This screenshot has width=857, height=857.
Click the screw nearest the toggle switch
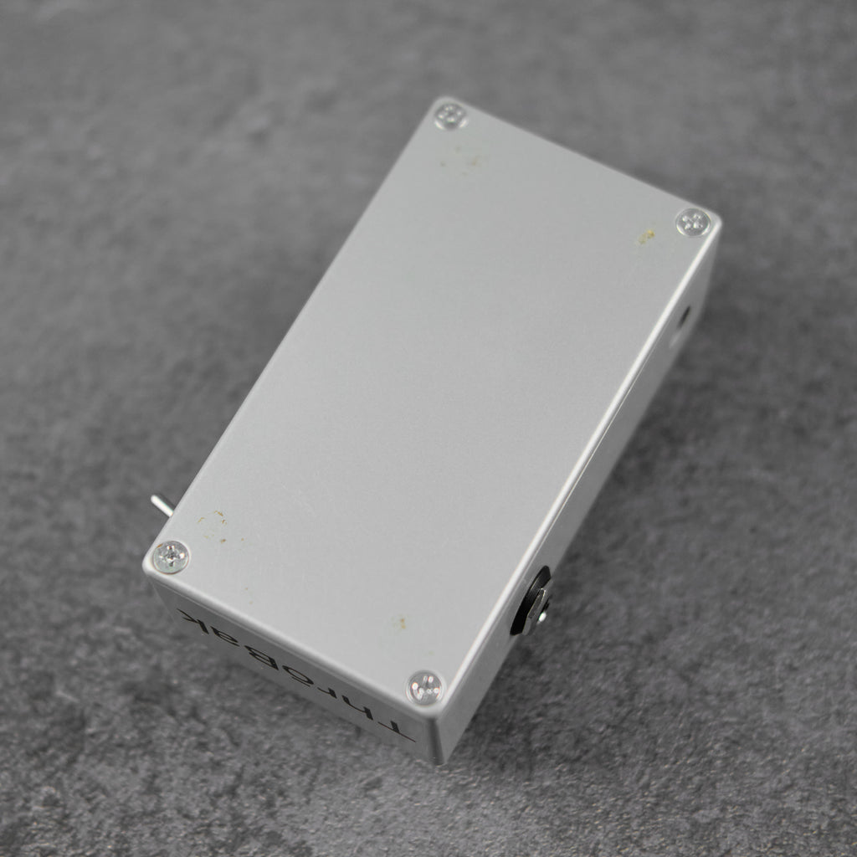[x=171, y=556]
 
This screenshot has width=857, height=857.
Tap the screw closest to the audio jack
[x=425, y=687]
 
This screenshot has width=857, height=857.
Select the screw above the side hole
[x=693, y=222]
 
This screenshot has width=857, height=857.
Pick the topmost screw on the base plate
[x=451, y=116]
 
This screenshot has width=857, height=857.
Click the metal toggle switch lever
[x=162, y=504]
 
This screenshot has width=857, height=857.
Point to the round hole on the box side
[x=682, y=321]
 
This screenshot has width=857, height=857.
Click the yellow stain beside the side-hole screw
[x=645, y=237]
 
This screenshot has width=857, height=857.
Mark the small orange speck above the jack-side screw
[x=401, y=623]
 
